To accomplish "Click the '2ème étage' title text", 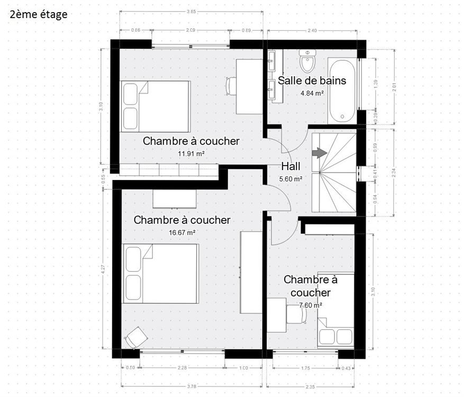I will [x=39, y=15].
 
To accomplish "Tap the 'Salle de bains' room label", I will [x=312, y=80].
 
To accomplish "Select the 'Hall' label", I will [x=291, y=166].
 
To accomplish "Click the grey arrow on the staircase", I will [x=319, y=153].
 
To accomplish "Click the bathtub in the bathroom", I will [x=342, y=91].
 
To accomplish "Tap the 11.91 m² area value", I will [x=191, y=154].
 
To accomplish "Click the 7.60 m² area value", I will [x=311, y=305].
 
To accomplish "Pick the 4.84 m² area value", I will [x=312, y=93].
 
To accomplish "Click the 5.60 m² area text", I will [x=291, y=179].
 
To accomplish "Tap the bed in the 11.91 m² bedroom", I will [x=156, y=106].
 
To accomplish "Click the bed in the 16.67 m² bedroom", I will [x=161, y=273].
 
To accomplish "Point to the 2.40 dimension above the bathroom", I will [x=312, y=31].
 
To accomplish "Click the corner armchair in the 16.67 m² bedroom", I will [x=136, y=337].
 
